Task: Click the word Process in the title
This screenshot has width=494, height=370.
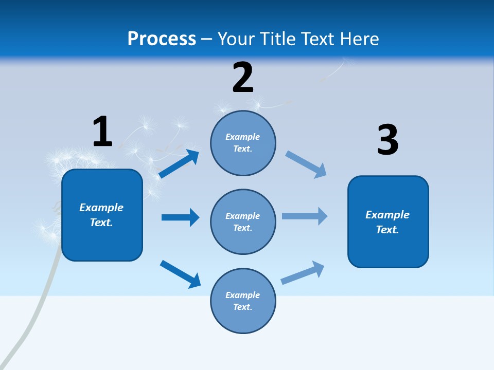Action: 162,39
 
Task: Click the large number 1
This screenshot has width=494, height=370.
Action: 102,132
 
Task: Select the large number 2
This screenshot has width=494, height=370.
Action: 243,78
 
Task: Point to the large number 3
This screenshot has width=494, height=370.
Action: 387,140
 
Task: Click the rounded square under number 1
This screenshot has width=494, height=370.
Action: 102,215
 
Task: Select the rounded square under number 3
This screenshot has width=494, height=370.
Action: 388,221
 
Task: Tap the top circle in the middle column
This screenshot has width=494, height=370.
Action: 243,143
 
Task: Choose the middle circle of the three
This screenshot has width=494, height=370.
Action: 243,221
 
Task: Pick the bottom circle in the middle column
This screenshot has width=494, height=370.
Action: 243,301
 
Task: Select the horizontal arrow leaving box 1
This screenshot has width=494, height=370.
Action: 180,217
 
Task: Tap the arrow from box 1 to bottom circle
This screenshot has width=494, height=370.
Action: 180,274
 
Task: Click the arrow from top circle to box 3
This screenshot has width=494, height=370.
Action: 306,164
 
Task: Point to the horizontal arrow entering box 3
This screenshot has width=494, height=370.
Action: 305,216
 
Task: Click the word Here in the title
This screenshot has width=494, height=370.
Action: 360,39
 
